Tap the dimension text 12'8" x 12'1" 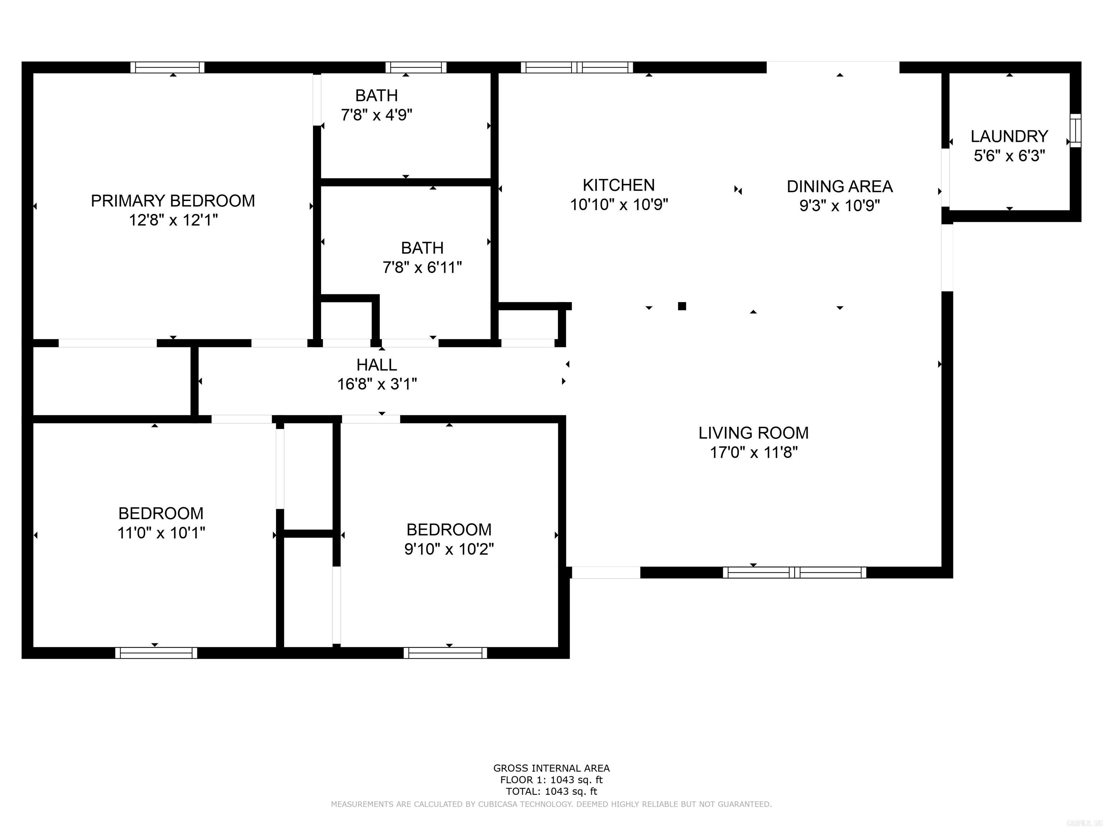pos(173,220)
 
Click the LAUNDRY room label pos(1009,136)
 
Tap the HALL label pos(377,365)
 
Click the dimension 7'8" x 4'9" pos(377,115)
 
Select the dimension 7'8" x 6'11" pos(422,268)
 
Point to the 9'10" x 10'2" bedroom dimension pos(449,549)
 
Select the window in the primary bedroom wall pos(168,67)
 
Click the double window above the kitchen pos(577,67)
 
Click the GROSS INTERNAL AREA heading pos(551,768)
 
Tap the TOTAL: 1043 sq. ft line pos(551,791)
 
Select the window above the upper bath pos(416,67)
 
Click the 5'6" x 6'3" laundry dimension pos(1009,156)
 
